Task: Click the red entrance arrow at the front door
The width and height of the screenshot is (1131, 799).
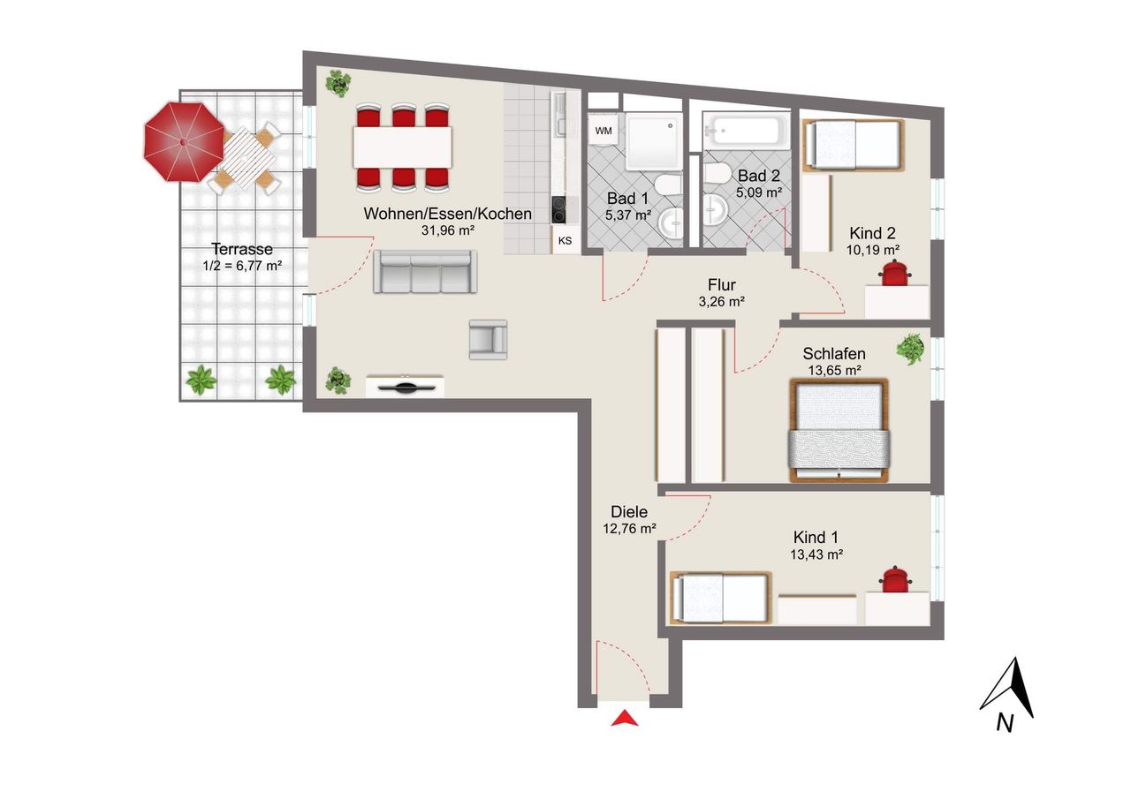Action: [x=624, y=719]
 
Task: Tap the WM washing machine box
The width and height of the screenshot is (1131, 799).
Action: [x=603, y=131]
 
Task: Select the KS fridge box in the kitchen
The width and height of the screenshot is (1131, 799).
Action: [x=565, y=241]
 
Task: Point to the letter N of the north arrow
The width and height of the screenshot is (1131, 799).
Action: [x=1005, y=723]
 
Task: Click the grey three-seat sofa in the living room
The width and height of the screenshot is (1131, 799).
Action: [x=425, y=271]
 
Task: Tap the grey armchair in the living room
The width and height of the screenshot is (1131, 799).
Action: [x=488, y=340]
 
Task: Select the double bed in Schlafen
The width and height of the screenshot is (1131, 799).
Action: [x=839, y=430]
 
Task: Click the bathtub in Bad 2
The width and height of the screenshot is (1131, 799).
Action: [x=747, y=130]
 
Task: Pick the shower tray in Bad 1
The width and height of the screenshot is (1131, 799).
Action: [x=654, y=141]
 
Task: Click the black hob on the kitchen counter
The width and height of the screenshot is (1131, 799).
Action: [x=558, y=209]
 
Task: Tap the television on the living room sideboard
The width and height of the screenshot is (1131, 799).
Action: [x=406, y=387]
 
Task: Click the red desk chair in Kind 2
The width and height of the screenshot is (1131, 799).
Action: [x=894, y=273]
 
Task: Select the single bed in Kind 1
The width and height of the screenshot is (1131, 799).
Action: [x=721, y=598]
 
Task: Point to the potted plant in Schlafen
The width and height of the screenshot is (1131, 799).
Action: [x=910, y=349]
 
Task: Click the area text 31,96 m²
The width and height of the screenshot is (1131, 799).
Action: [x=448, y=231]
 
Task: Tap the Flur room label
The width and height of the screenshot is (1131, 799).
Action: [x=722, y=285]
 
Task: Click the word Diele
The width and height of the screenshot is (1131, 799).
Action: [x=629, y=512]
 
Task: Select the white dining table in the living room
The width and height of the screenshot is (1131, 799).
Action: [x=402, y=147]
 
